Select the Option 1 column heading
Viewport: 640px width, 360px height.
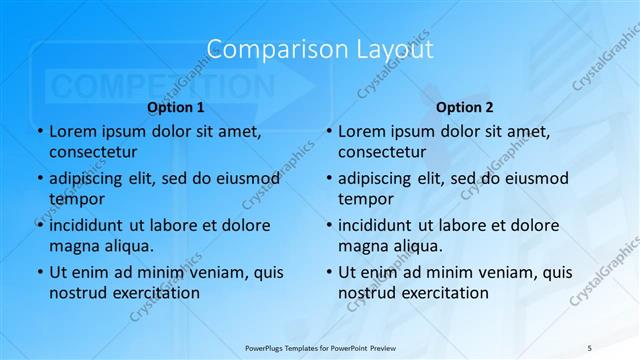click(x=176, y=106)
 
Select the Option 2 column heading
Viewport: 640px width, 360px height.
click(x=465, y=106)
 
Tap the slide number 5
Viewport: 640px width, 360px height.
click(x=590, y=346)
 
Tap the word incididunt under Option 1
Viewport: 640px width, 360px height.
click(x=92, y=225)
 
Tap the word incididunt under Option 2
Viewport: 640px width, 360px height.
click(x=381, y=225)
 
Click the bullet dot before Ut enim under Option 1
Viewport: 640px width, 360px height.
click(x=38, y=272)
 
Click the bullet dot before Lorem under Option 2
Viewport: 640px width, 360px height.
click(x=327, y=131)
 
